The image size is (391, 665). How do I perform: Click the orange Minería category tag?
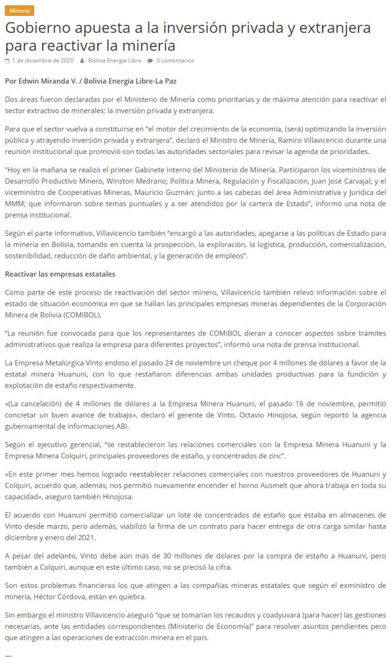pos(19,10)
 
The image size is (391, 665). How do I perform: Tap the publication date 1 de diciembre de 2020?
pos(43,61)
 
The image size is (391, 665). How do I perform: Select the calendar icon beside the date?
pos(7,61)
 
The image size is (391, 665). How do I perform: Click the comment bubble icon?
pos(150,61)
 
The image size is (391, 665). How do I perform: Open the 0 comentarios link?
pos(175,61)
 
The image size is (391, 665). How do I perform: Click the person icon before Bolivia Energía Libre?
pos(82,61)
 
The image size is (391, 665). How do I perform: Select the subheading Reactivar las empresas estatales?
pos(60,274)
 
